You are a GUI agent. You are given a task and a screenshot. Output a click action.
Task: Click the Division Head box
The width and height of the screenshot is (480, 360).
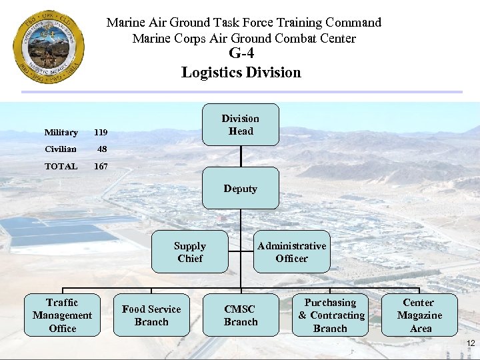click(x=241, y=125)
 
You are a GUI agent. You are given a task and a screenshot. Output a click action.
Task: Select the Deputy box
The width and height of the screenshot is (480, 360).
click(x=241, y=188)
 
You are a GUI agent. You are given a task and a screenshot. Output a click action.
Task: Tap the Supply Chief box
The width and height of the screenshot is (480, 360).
click(x=190, y=252)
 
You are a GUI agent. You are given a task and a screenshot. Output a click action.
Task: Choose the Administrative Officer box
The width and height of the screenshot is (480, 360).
click(x=291, y=252)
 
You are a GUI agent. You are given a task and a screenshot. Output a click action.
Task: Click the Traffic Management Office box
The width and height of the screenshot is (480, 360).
click(x=62, y=315)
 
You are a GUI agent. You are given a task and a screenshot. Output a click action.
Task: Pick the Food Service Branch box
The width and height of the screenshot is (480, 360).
click(x=151, y=315)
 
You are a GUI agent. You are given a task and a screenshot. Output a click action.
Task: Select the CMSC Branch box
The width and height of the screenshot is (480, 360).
click(x=241, y=315)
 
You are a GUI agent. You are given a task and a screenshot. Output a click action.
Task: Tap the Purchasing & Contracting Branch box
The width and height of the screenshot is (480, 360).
click(x=331, y=315)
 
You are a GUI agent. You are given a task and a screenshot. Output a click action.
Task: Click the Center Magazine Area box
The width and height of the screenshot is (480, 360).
click(x=419, y=315)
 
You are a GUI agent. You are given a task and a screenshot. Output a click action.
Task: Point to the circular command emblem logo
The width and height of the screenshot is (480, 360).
click(x=49, y=47)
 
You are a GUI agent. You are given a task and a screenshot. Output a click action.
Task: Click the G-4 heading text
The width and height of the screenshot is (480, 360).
click(x=241, y=54)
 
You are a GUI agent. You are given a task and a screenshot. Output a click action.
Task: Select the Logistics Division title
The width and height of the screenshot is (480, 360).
click(x=241, y=72)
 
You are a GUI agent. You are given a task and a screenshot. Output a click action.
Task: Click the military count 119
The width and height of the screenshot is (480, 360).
click(x=101, y=133)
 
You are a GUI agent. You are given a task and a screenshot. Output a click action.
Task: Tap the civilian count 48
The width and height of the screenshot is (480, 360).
click(x=102, y=149)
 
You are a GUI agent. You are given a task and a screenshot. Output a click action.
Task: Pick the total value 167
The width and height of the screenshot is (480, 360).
click(x=101, y=166)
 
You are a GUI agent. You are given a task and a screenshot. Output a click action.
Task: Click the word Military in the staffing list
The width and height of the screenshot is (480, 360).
click(x=61, y=133)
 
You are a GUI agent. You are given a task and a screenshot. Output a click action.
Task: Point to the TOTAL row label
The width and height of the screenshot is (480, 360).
click(x=61, y=166)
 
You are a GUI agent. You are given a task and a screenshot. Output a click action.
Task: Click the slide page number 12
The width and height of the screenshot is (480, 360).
click(x=471, y=343)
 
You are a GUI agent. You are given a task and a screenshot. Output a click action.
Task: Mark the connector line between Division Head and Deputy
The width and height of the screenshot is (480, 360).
click(x=241, y=156)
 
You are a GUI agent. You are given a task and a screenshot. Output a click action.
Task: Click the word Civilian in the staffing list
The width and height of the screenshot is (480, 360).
click(x=61, y=149)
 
